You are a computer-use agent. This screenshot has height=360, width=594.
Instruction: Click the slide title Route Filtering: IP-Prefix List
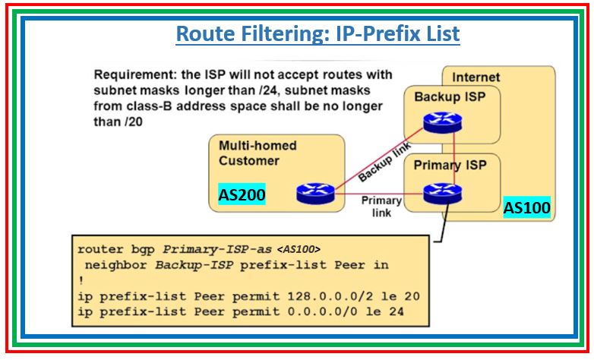(x=318, y=34)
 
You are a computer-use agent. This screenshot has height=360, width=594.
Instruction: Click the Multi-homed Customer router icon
(x=311, y=193)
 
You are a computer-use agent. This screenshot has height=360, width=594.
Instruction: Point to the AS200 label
(x=242, y=195)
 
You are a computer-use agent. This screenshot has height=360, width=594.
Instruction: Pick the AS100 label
(x=526, y=207)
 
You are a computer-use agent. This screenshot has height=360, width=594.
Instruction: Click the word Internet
(x=476, y=77)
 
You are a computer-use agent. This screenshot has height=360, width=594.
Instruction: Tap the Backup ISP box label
(x=450, y=96)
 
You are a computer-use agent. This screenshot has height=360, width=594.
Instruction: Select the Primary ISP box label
(x=450, y=165)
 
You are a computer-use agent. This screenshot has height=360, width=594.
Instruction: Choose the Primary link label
(x=381, y=207)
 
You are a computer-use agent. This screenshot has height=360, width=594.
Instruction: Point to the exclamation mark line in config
(x=80, y=279)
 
